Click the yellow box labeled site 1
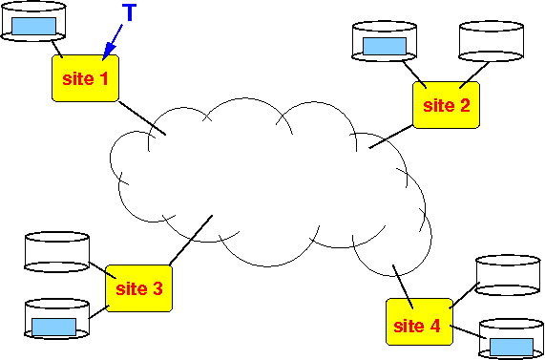pyautogui.click(x=86, y=78)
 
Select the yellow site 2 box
pyautogui.click(x=447, y=105)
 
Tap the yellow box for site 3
pyautogui.click(x=139, y=288)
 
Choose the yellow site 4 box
pyautogui.click(x=420, y=322)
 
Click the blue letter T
pyautogui.click(x=129, y=12)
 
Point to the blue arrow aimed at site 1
pyautogui.click(x=113, y=42)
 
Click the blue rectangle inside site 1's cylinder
pyautogui.click(x=33, y=26)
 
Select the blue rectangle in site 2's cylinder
pyautogui.click(x=385, y=46)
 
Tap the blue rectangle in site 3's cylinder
pyautogui.click(x=53, y=327)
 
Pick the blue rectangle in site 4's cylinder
pyautogui.click(x=512, y=348)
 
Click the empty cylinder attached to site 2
pyautogui.click(x=492, y=41)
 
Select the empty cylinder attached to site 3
pyautogui.click(x=57, y=252)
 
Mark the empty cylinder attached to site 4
pyautogui.click(x=508, y=275)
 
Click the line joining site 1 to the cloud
pyautogui.click(x=142, y=117)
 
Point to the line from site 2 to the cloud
pyautogui.click(x=391, y=137)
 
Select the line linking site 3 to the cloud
pyautogui.click(x=191, y=240)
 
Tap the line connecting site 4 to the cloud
pyautogui.click(x=403, y=287)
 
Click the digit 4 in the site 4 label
pyautogui.click(x=435, y=326)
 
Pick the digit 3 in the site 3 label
pyautogui.click(x=157, y=288)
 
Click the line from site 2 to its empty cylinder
pyautogui.click(x=474, y=75)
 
